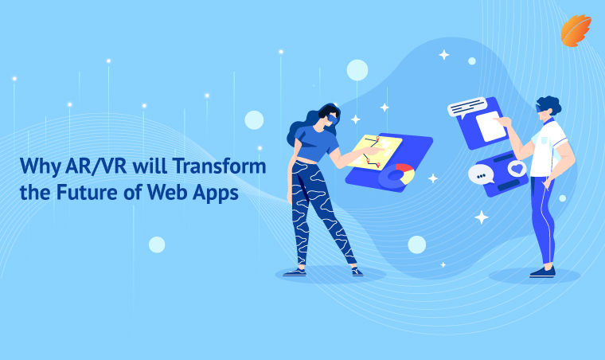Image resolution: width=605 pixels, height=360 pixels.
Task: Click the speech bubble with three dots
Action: (x=481, y=174)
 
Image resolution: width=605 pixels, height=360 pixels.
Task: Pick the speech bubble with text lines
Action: (x=466, y=107)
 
